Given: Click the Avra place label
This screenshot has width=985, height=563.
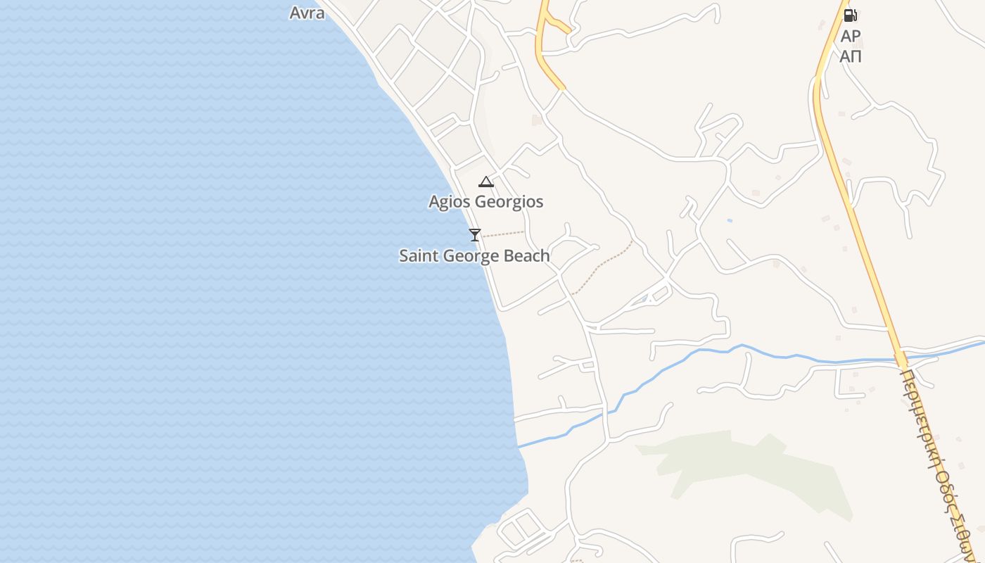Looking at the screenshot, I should click(x=307, y=13).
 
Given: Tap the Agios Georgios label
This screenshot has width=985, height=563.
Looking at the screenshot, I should click(x=486, y=202).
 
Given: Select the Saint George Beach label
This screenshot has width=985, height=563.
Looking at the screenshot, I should click(x=474, y=255).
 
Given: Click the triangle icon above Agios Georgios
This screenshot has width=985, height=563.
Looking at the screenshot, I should click(x=486, y=182).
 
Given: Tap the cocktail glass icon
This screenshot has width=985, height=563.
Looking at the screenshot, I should click(x=475, y=234).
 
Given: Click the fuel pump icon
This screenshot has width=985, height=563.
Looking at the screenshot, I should click(x=850, y=15).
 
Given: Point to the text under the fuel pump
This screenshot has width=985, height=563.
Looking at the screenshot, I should click(x=851, y=46).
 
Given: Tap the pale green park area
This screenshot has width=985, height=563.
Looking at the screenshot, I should click(x=760, y=468).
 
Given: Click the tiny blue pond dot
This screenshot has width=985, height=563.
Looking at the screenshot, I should click(x=730, y=221).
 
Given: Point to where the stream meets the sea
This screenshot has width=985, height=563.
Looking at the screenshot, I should click(x=519, y=445).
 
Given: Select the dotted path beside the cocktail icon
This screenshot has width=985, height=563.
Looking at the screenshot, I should click(x=503, y=234).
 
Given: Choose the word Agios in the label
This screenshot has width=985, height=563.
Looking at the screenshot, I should click(x=450, y=202).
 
